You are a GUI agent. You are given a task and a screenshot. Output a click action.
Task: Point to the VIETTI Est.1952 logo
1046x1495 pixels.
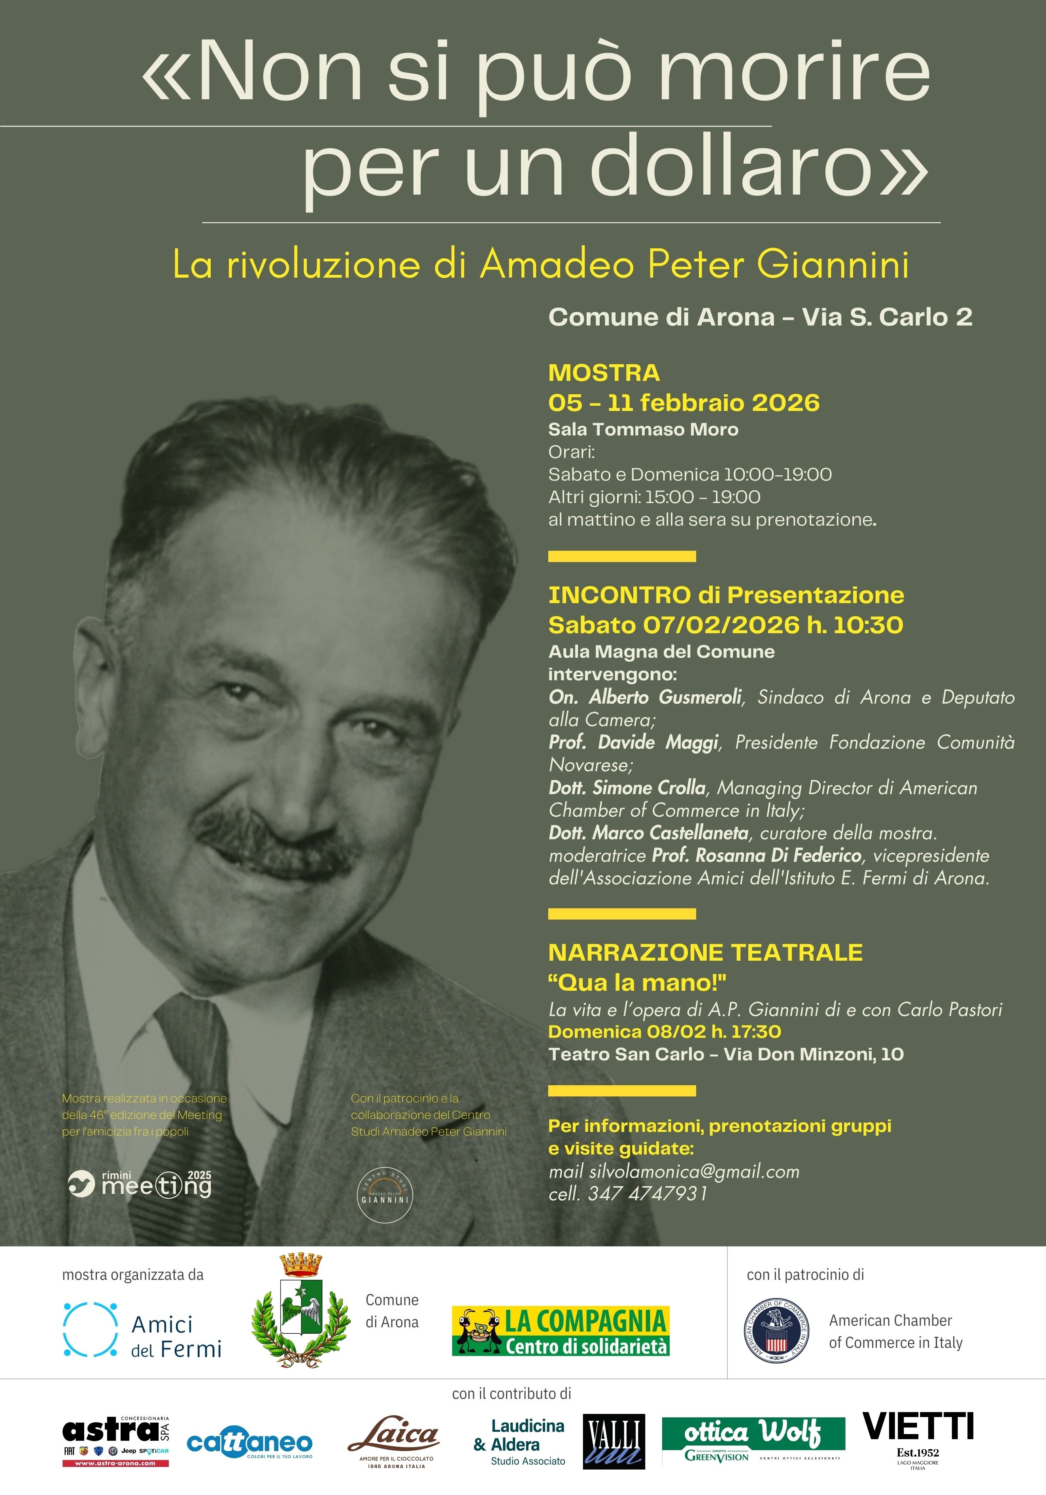918,1439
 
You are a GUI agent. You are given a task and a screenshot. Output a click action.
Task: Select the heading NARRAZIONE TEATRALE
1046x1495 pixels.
705,953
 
